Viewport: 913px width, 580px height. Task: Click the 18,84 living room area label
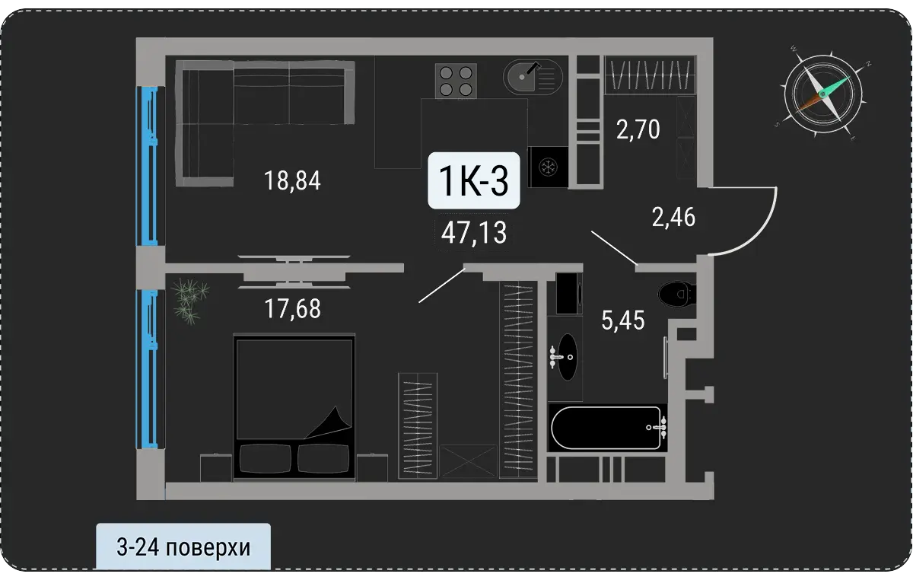tap(292, 180)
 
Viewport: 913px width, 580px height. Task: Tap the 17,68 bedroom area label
tap(293, 309)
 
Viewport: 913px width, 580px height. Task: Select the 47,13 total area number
tap(474, 232)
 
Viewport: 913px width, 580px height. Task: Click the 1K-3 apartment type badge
tap(473, 180)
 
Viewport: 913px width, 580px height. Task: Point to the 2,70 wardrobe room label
tap(638, 129)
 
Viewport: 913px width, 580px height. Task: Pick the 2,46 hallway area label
tap(673, 217)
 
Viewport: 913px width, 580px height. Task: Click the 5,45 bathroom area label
tap(623, 320)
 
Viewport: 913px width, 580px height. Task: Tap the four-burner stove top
tap(456, 81)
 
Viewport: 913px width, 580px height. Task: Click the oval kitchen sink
tap(533, 77)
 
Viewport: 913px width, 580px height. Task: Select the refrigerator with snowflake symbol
tap(548, 167)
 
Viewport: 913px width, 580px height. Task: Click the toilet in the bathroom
tap(676, 294)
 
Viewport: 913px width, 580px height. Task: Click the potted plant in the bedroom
tap(190, 301)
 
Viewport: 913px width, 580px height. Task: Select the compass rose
tap(823, 94)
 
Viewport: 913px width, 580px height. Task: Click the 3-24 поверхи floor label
tap(183, 547)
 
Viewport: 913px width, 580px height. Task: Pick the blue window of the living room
tap(147, 166)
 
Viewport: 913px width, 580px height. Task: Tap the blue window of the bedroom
tap(147, 369)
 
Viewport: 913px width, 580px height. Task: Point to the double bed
tap(294, 406)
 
